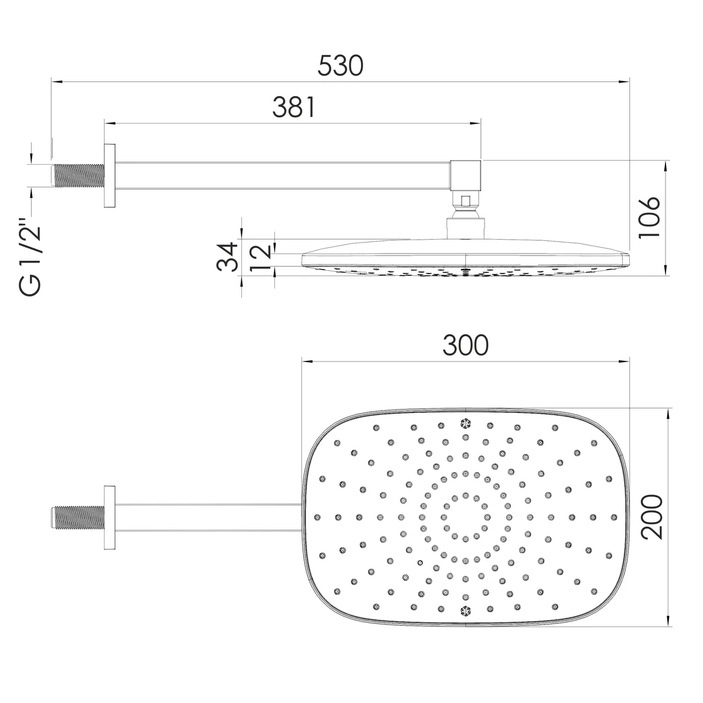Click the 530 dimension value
340,66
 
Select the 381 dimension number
294,107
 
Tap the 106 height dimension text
650,218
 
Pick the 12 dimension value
261,258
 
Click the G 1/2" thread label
29,257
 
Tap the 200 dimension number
652,517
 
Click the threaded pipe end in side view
78,176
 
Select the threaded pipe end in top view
78,517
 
